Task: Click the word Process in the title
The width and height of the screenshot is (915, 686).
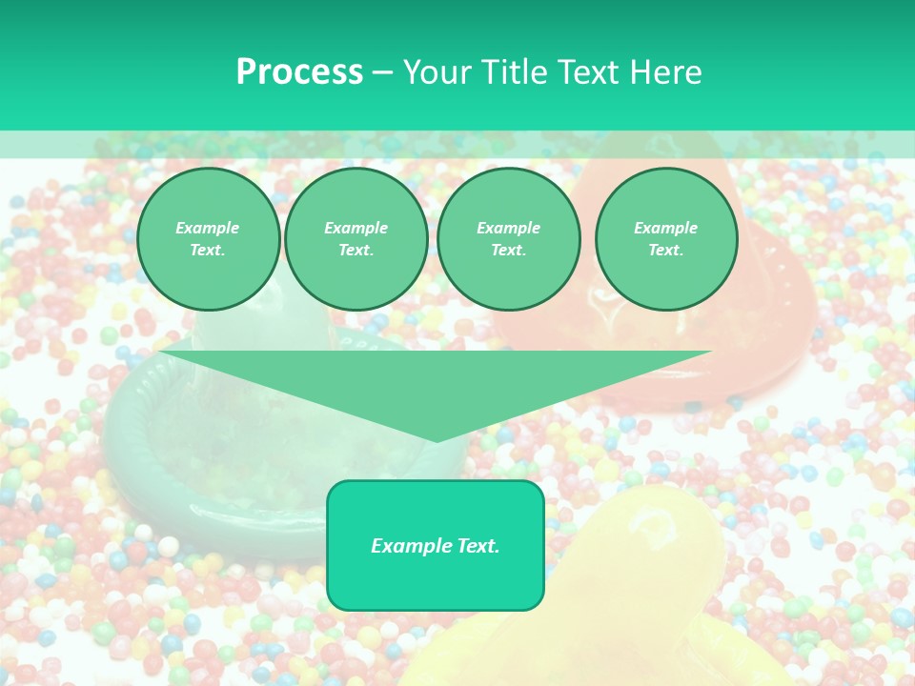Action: [x=299, y=72]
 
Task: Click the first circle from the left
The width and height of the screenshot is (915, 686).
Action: [x=208, y=239]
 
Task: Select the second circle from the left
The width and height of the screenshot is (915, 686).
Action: [x=356, y=239]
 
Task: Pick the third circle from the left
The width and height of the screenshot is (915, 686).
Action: [x=509, y=239]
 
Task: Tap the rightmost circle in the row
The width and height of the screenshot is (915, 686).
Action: [x=666, y=239]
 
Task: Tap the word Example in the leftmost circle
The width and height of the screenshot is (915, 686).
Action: [x=208, y=228]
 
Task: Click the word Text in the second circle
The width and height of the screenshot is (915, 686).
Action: [x=355, y=250]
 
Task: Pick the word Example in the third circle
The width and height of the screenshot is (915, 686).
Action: [x=509, y=228]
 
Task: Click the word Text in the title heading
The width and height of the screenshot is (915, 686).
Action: [x=589, y=72]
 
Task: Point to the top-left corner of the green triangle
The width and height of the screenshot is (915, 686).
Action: [x=161, y=352]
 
